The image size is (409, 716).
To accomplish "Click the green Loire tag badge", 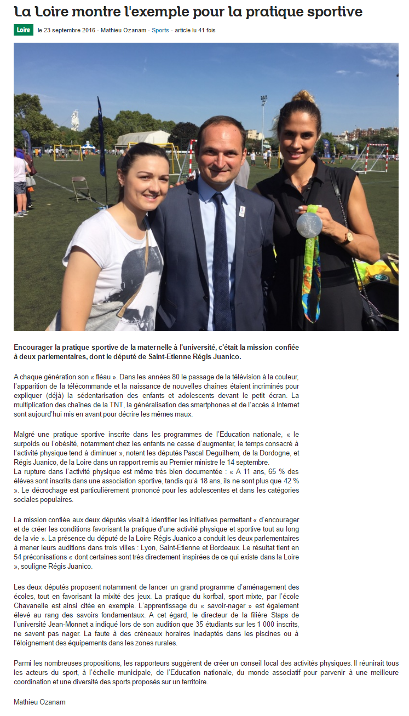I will pos(24,31).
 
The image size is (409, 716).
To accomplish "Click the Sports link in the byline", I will pos(160,31).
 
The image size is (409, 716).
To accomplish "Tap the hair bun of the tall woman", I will pos(304,97).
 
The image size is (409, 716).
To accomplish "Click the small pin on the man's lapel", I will pos(241,210).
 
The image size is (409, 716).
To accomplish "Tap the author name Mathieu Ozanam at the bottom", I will pos(39,702).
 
